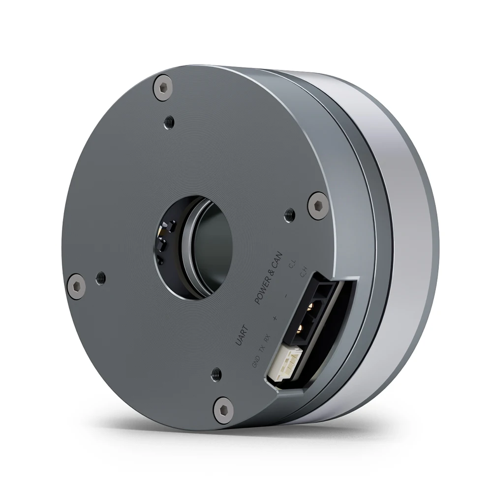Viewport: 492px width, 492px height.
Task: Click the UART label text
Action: (x=242, y=336)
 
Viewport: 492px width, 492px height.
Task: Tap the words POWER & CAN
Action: (x=268, y=278)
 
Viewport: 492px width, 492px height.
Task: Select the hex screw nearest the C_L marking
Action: (x=317, y=205)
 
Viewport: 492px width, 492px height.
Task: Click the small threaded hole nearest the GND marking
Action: (x=216, y=374)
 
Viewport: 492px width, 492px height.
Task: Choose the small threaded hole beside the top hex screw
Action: (x=169, y=121)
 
